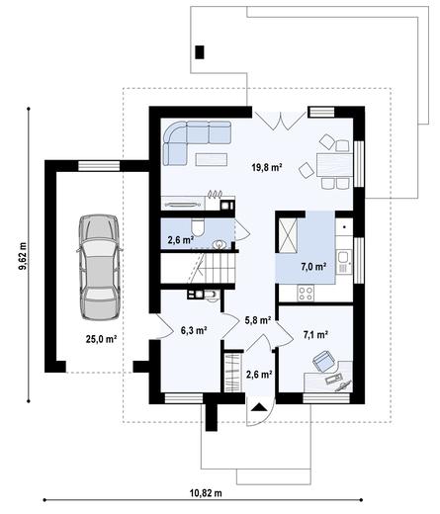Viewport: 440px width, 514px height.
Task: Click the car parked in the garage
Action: [98, 267]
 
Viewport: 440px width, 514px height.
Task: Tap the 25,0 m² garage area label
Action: [101, 339]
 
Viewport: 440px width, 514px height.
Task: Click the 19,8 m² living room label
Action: [267, 169]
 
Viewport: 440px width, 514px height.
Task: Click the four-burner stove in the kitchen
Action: [306, 293]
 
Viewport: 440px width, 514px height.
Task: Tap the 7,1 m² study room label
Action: [316, 335]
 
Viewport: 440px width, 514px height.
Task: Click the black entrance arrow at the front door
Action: [259, 405]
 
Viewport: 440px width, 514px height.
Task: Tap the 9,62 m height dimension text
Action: [22, 253]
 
